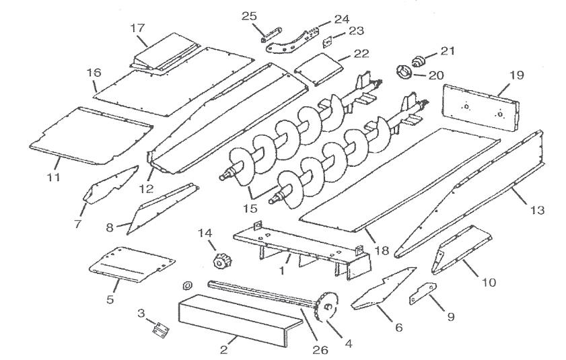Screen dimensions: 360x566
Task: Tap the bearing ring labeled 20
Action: click(407, 71)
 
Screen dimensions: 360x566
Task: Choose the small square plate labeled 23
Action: click(329, 41)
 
